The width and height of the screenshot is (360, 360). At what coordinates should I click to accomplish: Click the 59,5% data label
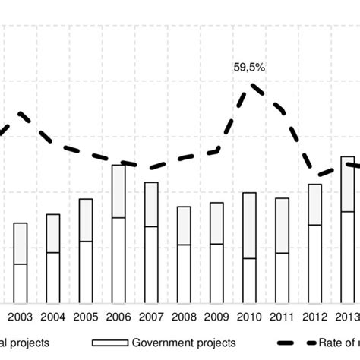(x=250, y=68)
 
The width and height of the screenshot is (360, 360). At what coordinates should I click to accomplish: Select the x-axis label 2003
(x=21, y=317)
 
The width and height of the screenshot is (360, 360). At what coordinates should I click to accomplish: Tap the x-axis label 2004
(x=53, y=317)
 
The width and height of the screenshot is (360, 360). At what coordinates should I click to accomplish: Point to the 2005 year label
(x=86, y=317)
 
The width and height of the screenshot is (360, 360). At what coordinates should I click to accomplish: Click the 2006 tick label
(x=118, y=317)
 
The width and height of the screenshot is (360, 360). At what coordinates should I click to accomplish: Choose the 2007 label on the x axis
(x=151, y=317)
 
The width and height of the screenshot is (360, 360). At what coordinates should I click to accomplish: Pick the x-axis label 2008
(x=184, y=317)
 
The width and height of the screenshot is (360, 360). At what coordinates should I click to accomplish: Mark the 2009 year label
(x=216, y=317)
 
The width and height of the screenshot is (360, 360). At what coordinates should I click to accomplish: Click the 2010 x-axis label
(x=249, y=317)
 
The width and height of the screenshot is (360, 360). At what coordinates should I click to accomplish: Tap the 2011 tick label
(x=282, y=317)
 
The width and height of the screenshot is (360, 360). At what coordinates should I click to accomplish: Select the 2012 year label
(x=314, y=317)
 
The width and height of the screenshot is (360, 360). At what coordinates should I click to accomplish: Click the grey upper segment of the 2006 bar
(x=118, y=191)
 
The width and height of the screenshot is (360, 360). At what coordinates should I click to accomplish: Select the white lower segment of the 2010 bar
(x=249, y=281)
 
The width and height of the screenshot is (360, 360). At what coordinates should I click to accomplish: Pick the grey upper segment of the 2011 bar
(x=282, y=226)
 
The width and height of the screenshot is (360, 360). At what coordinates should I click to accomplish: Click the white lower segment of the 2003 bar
(x=21, y=284)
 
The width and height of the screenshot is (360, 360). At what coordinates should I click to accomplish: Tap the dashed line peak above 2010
(x=251, y=87)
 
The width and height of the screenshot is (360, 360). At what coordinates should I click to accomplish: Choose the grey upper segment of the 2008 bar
(x=184, y=226)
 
